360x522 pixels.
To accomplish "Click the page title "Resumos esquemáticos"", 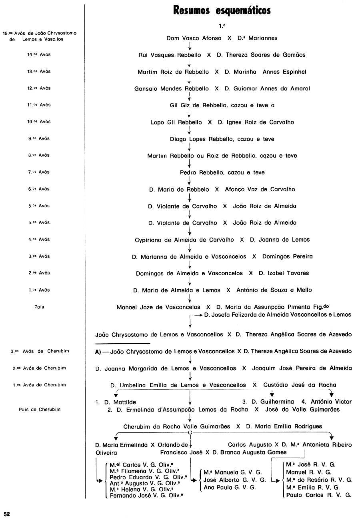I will pos(222,10).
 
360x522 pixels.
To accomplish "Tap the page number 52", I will pos(7,514).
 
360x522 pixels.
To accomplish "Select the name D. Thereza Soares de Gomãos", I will pos(261,55).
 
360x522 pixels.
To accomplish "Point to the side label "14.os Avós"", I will pos(39,54).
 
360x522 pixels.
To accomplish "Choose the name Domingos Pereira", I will pos(287,257).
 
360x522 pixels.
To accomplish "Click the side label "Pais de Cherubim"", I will pos(40,410).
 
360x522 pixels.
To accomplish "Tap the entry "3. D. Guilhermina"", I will pos(268,402).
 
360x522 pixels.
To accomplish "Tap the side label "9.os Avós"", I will pos(39,138).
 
